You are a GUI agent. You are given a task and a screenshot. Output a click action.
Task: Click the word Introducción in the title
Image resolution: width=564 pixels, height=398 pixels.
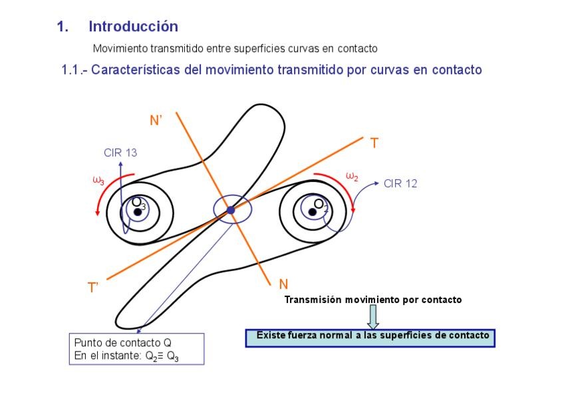(133, 27)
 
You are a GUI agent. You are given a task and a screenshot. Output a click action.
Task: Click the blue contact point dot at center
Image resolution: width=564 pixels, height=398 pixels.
(231, 210)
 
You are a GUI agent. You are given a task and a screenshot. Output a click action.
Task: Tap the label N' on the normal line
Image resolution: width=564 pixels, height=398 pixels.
(156, 120)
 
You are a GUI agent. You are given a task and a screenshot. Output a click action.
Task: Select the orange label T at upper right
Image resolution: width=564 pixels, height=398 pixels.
(374, 143)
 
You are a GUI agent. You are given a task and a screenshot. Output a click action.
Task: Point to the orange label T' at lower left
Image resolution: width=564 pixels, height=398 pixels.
(94, 288)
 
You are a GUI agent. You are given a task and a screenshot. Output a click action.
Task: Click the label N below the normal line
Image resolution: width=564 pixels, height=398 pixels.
(283, 284)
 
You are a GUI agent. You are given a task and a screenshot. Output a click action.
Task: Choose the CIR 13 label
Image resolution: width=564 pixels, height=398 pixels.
(120, 153)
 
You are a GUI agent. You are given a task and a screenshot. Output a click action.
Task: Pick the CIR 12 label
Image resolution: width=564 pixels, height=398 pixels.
(400, 183)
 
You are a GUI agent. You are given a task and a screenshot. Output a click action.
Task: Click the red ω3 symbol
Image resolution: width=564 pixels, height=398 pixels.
(98, 180)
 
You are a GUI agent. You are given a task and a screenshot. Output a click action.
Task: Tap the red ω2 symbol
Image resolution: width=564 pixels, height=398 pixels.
(352, 176)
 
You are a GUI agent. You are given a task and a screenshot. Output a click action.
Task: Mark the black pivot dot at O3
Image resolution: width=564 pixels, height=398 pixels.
(138, 212)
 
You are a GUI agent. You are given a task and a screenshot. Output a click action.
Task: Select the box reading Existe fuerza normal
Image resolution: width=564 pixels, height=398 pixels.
(370, 336)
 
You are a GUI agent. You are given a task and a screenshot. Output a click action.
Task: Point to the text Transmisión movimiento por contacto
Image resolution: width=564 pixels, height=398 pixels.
(372, 300)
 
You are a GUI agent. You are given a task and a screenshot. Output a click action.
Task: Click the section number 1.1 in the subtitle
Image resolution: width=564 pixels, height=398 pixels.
(71, 70)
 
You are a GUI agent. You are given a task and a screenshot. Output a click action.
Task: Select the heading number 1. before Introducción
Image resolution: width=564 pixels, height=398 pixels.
(63, 27)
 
